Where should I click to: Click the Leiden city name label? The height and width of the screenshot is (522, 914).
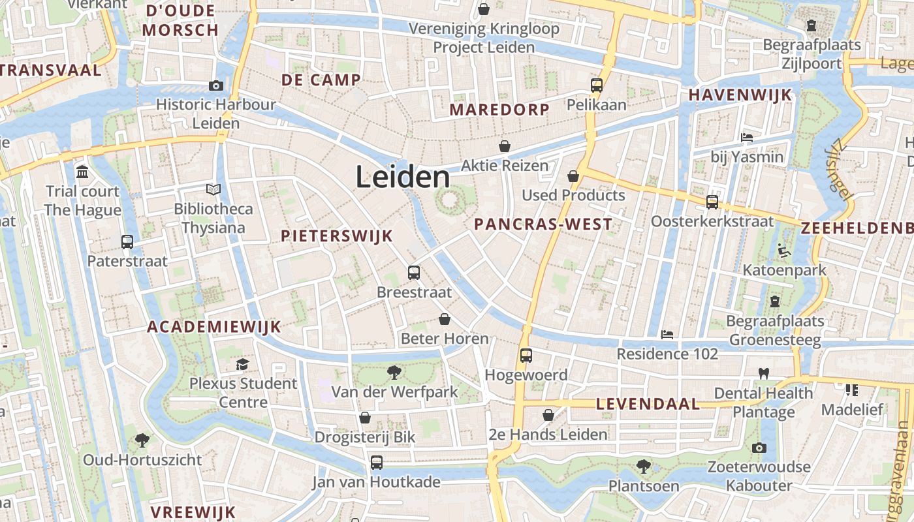click(403, 177)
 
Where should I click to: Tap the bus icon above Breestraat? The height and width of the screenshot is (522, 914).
click(413, 273)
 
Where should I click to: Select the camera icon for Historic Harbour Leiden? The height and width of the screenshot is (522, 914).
click(215, 85)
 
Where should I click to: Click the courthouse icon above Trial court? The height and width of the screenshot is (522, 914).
click(82, 172)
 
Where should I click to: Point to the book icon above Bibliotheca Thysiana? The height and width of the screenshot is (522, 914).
click(213, 190)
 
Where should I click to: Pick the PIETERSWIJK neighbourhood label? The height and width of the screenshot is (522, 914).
click(337, 236)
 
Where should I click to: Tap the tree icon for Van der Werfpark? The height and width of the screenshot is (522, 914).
click(394, 373)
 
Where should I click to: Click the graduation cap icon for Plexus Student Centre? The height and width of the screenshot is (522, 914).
click(243, 364)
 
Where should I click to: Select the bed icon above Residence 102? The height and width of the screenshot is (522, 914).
click(667, 335)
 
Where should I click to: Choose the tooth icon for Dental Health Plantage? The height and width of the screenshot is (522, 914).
click(763, 374)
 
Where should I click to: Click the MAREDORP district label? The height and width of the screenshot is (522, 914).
click(499, 110)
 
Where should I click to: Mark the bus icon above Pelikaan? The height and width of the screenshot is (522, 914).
click(596, 85)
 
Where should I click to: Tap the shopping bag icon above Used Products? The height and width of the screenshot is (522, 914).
click(573, 176)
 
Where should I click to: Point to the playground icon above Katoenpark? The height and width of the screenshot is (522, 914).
click(783, 251)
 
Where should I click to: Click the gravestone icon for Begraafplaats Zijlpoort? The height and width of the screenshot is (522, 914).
click(811, 25)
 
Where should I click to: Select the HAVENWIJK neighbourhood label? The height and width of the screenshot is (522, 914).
click(740, 95)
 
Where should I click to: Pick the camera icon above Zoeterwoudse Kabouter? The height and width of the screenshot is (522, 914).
click(759, 448)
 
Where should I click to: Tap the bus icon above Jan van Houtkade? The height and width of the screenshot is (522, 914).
click(376, 463)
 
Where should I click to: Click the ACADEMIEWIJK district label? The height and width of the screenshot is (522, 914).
click(213, 327)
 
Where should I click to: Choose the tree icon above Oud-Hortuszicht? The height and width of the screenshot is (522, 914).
click(142, 440)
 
